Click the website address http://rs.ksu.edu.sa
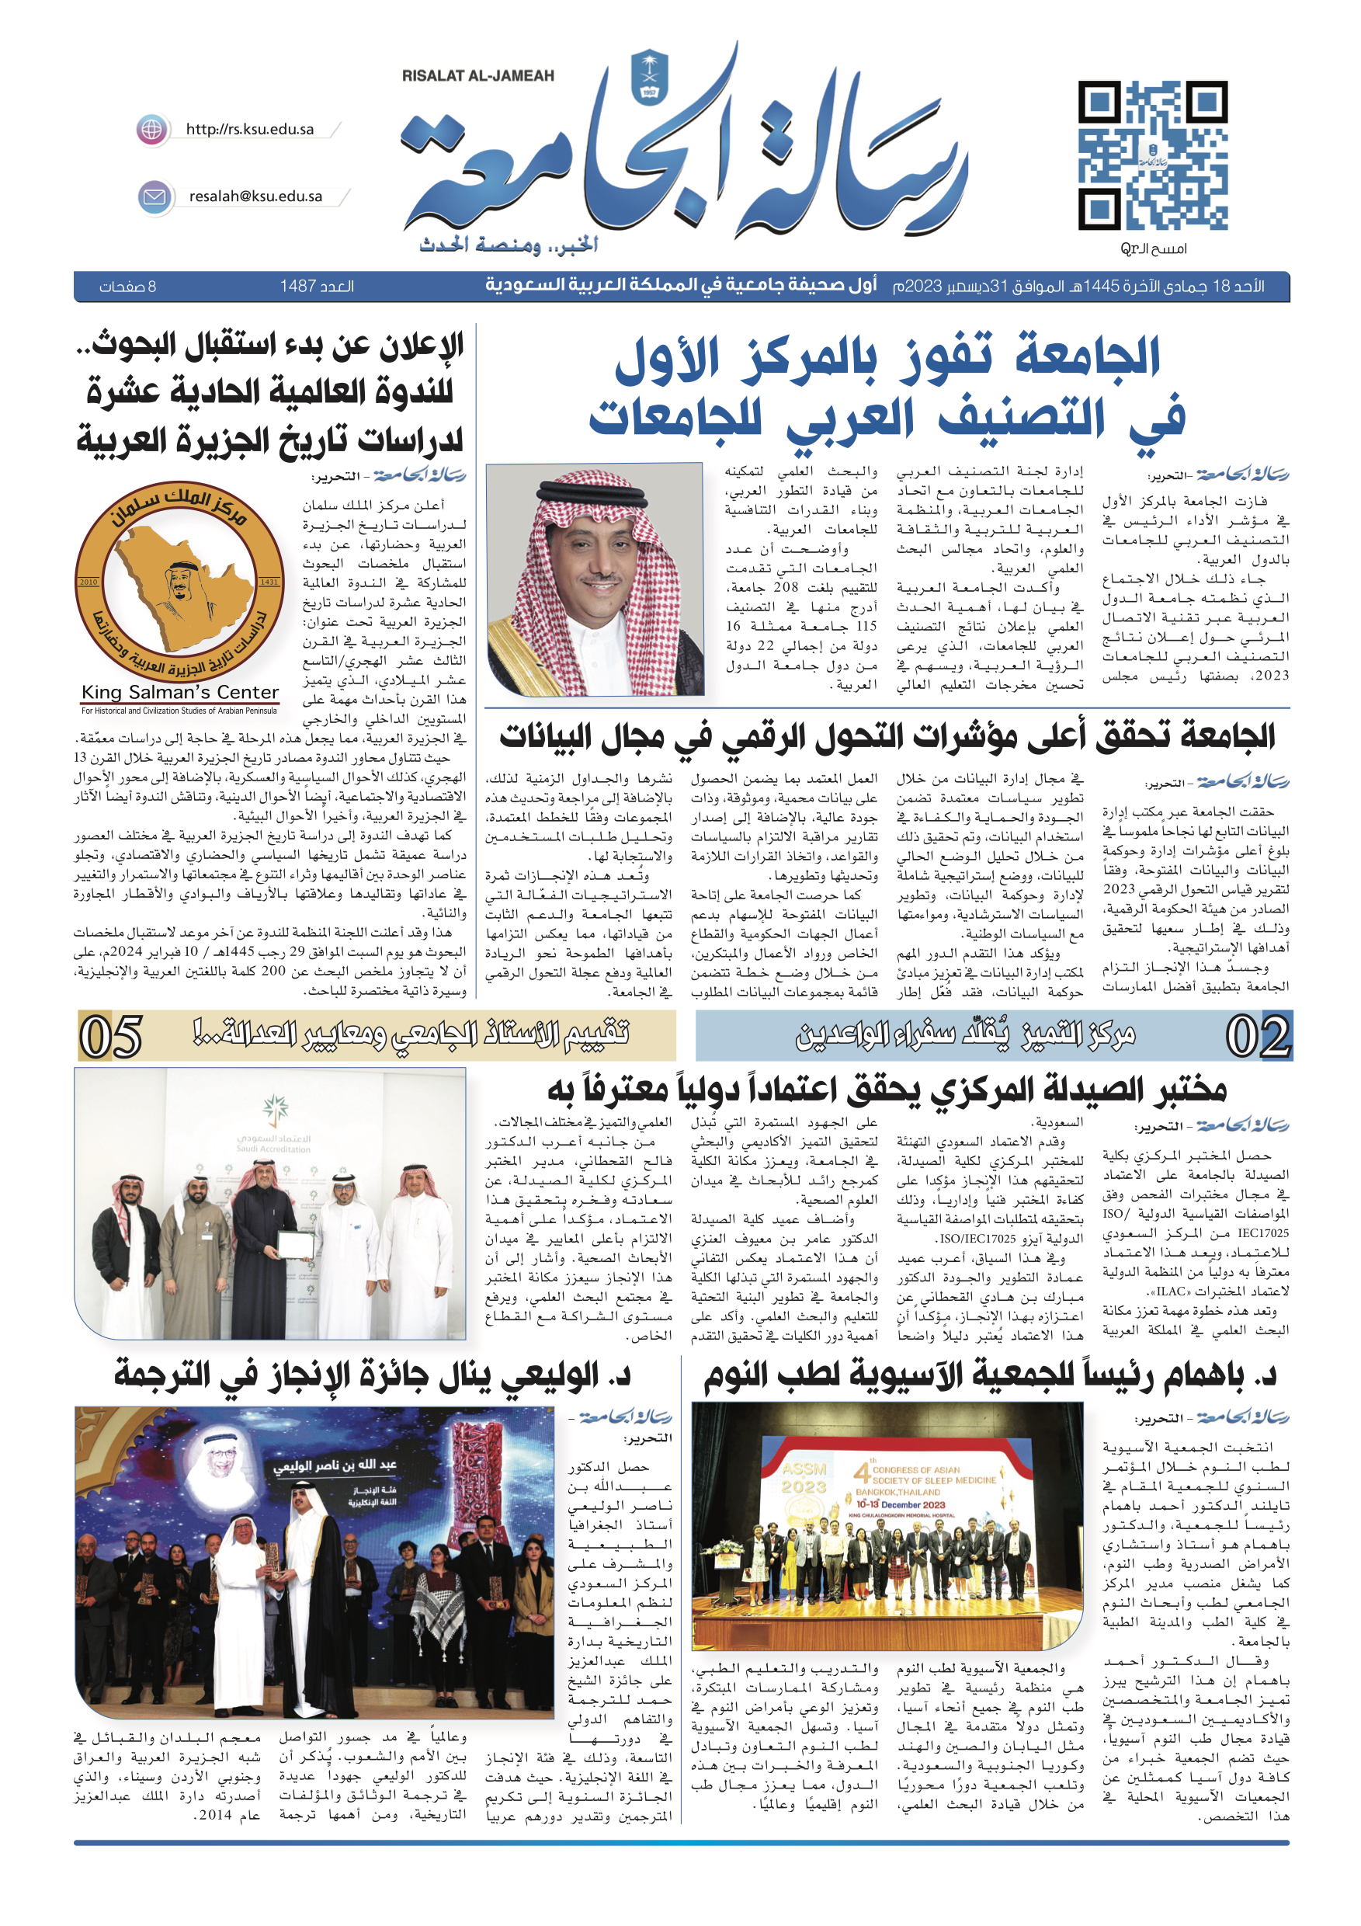[250, 129]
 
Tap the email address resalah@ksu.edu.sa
[255, 196]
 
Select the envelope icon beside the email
[155, 197]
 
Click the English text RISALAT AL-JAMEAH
[478, 75]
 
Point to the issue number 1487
[317, 287]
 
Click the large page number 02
[1257, 1037]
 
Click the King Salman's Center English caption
[179, 693]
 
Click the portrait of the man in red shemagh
[595, 579]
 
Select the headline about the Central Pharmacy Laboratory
[887, 1090]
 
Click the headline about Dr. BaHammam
[990, 1375]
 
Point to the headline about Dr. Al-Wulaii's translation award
[373, 1375]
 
